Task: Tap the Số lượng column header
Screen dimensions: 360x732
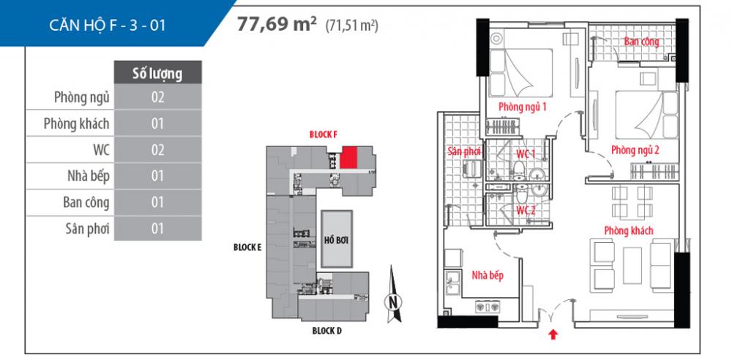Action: click(157, 73)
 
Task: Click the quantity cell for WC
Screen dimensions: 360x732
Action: click(157, 149)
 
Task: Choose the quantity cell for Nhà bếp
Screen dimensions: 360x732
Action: click(157, 176)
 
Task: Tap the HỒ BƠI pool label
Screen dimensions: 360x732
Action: click(335, 241)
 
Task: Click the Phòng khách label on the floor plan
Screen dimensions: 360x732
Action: click(628, 231)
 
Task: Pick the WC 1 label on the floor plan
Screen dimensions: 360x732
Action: click(527, 153)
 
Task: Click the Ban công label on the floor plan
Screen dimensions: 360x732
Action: click(641, 42)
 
